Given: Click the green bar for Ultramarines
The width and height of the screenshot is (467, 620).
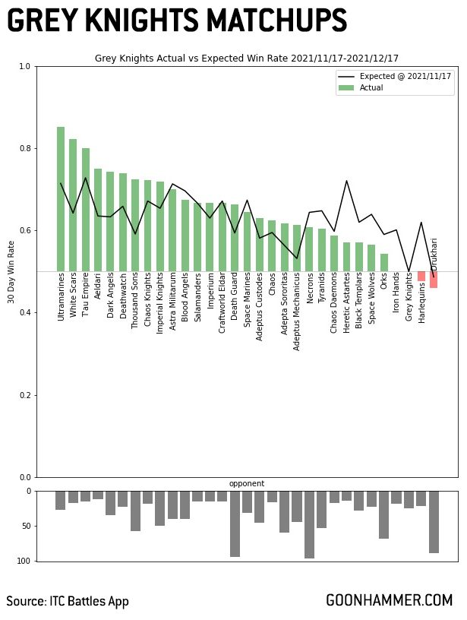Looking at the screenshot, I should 61,199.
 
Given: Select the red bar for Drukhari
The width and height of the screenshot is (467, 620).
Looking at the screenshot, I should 434,280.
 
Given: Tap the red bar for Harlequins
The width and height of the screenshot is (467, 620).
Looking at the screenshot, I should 421,277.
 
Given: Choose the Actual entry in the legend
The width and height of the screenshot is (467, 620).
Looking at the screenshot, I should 371,88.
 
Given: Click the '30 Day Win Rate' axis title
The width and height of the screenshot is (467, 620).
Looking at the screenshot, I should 11,272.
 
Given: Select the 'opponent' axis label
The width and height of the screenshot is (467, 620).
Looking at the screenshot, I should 247,484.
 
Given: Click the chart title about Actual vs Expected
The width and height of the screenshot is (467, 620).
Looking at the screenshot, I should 247,59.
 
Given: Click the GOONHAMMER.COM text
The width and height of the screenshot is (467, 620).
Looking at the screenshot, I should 389,600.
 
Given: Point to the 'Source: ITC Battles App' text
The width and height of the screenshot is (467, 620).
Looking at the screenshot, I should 68,602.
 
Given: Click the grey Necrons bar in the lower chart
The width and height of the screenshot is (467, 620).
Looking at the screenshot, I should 309,524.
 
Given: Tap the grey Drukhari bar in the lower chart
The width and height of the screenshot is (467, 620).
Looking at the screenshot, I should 434,521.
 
